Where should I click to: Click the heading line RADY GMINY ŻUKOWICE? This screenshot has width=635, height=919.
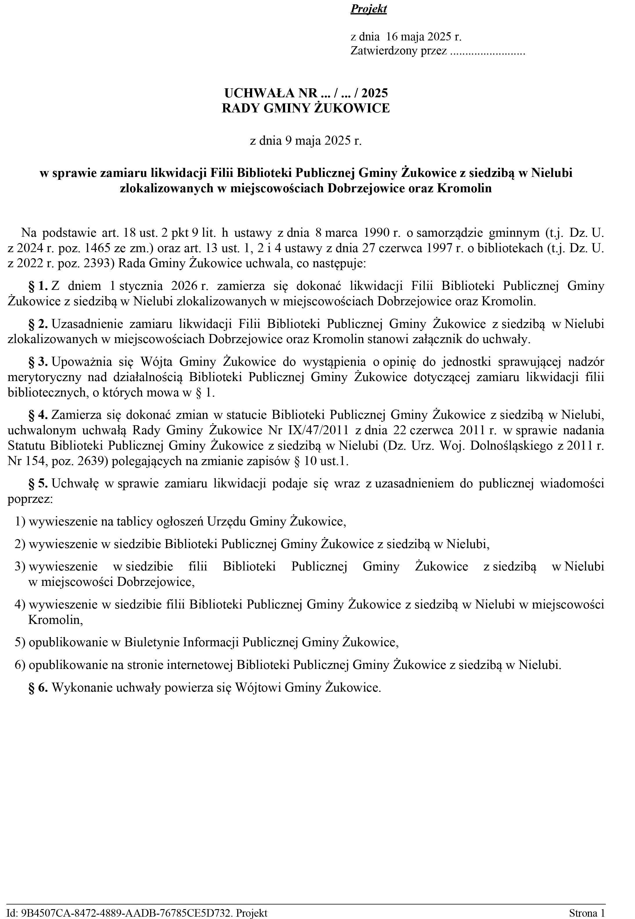[306, 108]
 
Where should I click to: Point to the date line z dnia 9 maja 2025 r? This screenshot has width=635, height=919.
[306, 141]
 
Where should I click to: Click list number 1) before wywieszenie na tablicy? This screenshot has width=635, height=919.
[20, 522]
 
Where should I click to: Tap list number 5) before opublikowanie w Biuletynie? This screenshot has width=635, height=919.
[20, 642]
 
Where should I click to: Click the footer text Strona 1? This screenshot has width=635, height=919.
[587, 910]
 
